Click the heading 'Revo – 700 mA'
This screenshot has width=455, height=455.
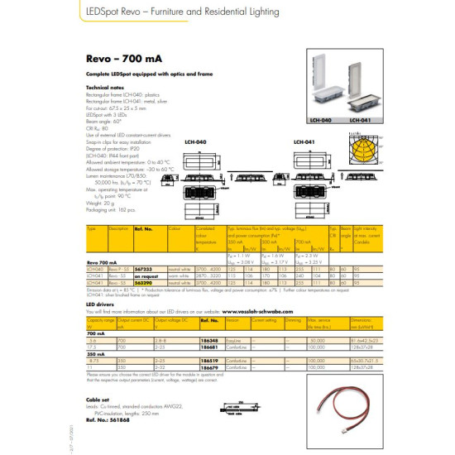[111, 60]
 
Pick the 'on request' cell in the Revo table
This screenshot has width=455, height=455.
[146, 276]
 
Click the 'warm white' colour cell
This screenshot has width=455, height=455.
[180, 276]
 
